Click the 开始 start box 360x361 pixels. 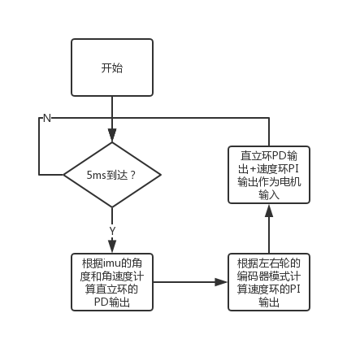click(x=112, y=67)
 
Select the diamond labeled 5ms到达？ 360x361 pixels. click(x=112, y=175)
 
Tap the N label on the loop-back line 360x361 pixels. click(x=47, y=118)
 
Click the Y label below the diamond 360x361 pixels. click(x=112, y=231)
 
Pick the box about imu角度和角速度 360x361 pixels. click(x=112, y=282)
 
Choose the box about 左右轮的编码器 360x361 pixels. click(x=269, y=282)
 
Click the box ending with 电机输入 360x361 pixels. click(x=269, y=175)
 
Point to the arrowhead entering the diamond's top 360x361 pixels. click(x=112, y=136)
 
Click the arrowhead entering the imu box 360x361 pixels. click(x=112, y=246)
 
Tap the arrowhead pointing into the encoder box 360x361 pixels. click(x=221, y=282)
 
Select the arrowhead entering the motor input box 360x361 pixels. click(x=269, y=211)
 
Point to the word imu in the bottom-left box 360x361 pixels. click(x=112, y=263)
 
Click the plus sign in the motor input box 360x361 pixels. click(x=253, y=169)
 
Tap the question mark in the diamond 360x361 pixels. click(x=132, y=176)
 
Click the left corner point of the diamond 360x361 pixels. click(x=63, y=175)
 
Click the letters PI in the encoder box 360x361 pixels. click(x=295, y=289)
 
